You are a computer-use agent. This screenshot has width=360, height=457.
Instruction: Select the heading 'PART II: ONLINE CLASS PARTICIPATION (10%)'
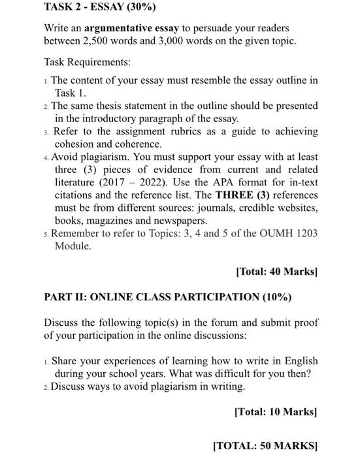(168, 296)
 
